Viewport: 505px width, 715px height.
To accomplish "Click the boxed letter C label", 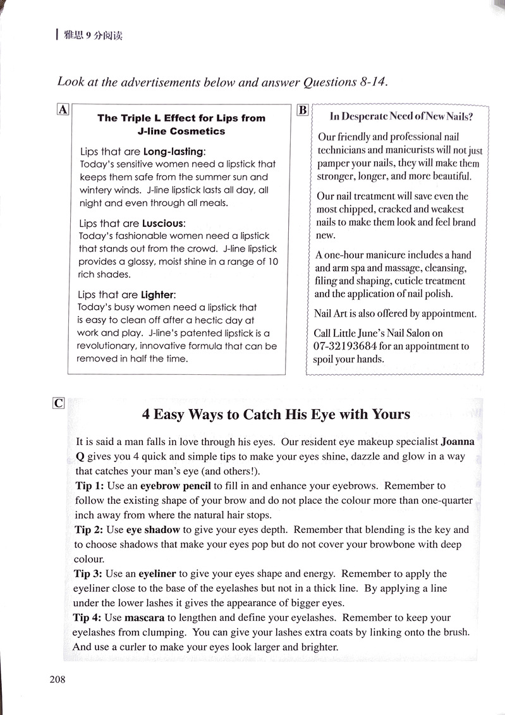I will tap(59, 403).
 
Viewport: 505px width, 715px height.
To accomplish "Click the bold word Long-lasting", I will tap(174, 152).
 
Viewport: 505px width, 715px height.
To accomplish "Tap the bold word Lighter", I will tap(158, 295).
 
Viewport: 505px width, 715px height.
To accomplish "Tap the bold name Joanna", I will tap(457, 442).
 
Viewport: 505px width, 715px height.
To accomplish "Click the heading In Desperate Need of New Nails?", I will tap(401, 116).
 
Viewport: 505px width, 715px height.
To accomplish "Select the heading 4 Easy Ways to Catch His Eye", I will tap(276, 415).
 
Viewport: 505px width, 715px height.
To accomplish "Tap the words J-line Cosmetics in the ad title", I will tap(181, 131).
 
